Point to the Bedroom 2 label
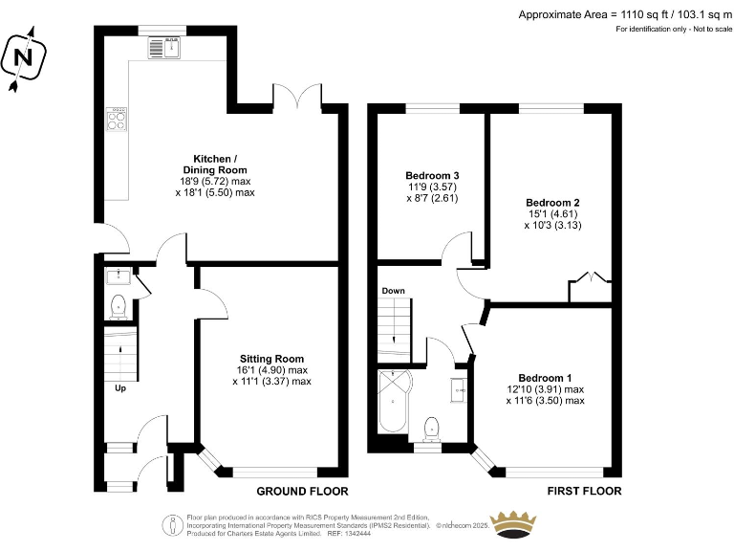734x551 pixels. click(x=552, y=214)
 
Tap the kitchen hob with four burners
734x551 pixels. click(x=117, y=120)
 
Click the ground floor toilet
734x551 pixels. click(x=119, y=306)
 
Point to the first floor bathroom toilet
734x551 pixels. click(x=431, y=427)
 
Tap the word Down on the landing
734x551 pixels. click(x=393, y=290)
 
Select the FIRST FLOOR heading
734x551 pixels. click(x=583, y=491)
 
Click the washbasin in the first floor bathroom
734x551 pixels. click(x=459, y=388)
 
